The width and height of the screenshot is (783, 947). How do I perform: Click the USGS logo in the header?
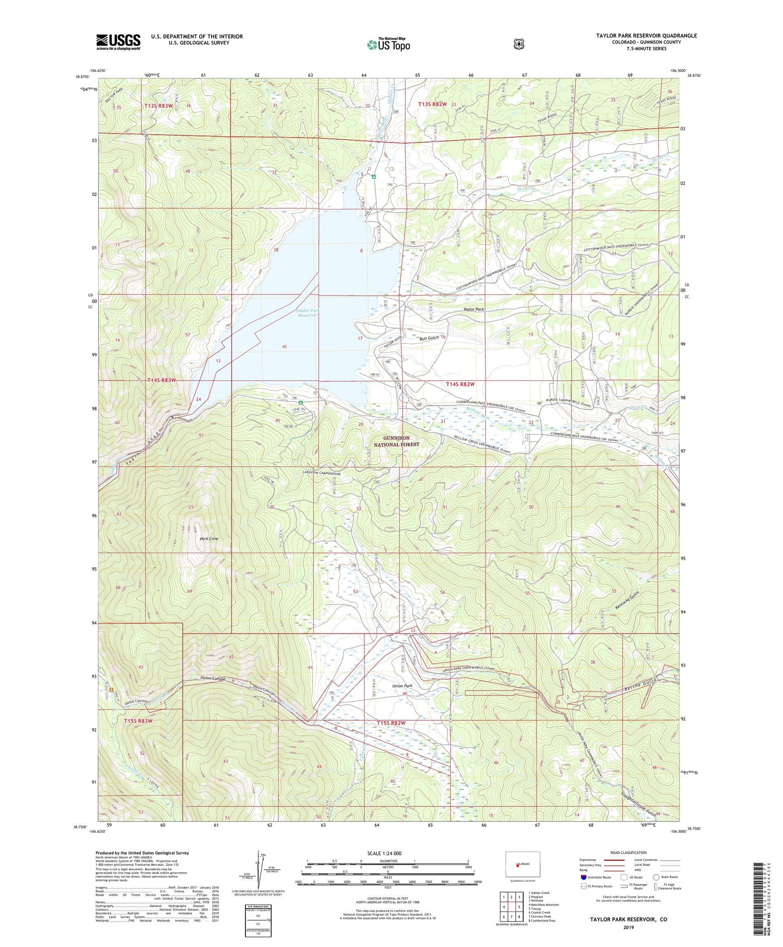(x=118, y=42)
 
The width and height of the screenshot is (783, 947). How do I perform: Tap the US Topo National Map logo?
(x=388, y=44)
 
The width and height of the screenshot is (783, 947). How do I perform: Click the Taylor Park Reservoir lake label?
(x=307, y=313)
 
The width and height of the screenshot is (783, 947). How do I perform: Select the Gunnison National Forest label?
(x=397, y=441)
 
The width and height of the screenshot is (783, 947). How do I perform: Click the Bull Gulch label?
(x=429, y=338)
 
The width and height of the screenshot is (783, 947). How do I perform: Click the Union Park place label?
(x=402, y=686)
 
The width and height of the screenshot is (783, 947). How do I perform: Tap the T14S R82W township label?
(x=460, y=384)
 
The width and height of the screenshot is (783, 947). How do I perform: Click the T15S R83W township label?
(x=138, y=721)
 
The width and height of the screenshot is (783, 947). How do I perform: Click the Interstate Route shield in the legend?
(x=584, y=878)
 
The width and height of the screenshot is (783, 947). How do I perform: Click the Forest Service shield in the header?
(x=518, y=44)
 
